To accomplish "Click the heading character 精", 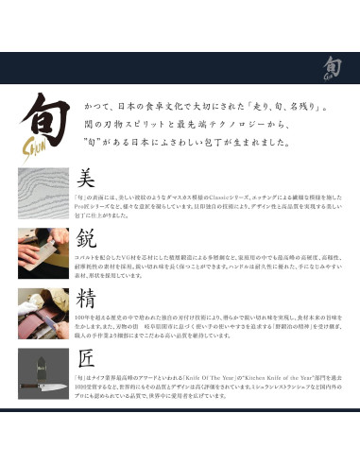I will tap(83, 297).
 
